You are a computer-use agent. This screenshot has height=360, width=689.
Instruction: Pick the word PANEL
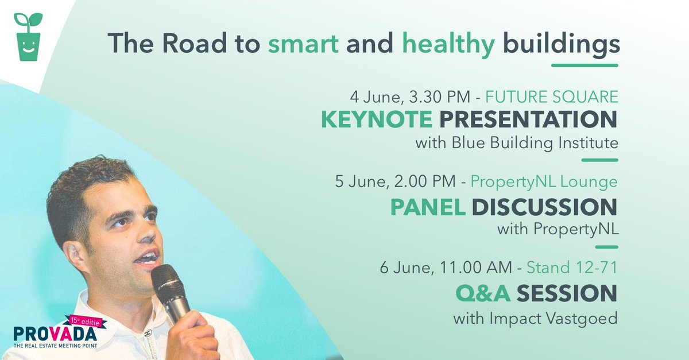[428, 207]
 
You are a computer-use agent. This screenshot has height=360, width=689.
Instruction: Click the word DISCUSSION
[544, 207]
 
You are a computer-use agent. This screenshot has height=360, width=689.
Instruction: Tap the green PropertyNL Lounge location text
[544, 182]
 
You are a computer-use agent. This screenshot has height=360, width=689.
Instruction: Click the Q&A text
[483, 293]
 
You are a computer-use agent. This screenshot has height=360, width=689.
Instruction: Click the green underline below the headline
[584, 65]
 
